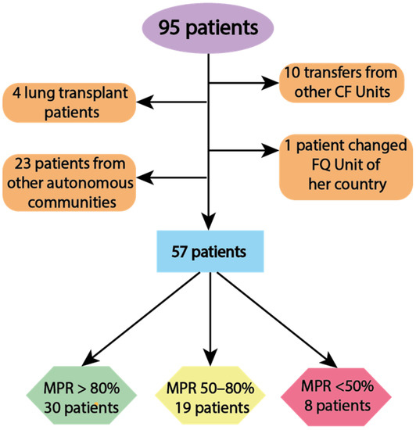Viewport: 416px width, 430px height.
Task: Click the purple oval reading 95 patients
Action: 209,28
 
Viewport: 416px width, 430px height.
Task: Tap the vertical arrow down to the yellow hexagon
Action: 209,321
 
